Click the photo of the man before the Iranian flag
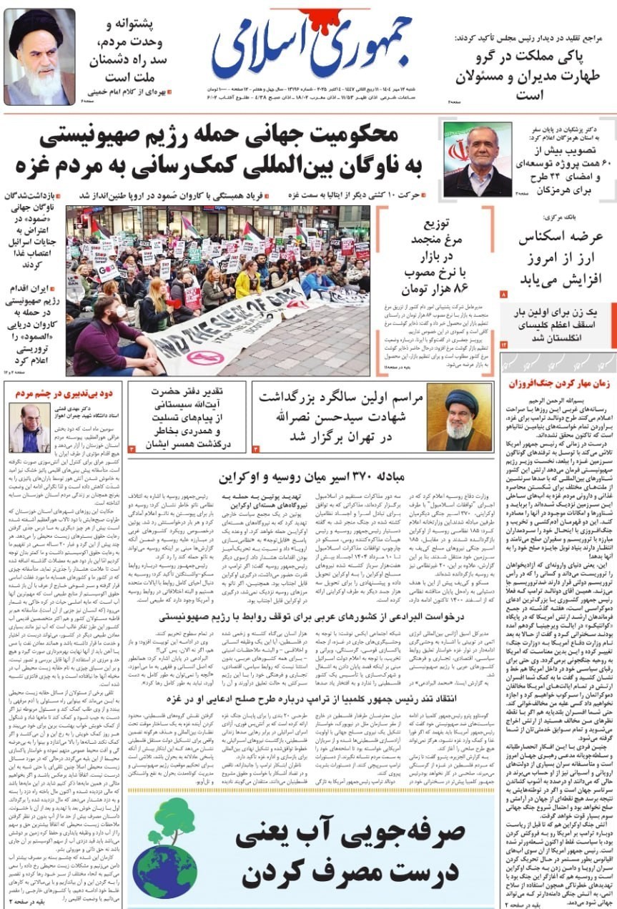[478, 159]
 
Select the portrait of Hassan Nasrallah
[460, 418]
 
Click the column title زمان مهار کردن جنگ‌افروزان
[558, 383]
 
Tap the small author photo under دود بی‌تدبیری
[29, 426]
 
